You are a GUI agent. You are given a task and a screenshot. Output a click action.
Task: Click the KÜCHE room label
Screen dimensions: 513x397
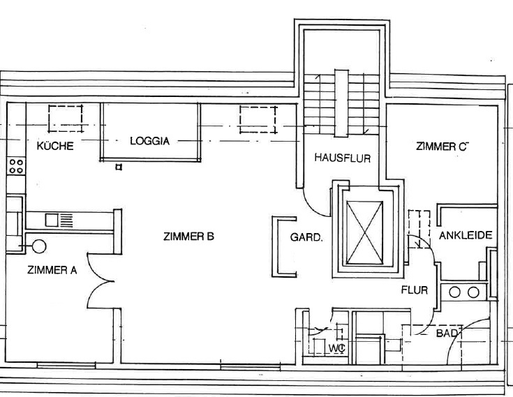[x=55, y=146]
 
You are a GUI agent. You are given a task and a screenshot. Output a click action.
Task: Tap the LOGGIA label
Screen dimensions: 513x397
[x=150, y=141]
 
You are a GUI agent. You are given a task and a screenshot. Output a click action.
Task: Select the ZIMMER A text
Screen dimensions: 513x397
[x=52, y=270]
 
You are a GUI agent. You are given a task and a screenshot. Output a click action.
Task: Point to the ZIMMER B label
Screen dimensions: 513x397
[x=188, y=236]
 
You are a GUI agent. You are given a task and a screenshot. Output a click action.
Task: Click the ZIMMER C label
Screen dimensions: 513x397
[x=443, y=147]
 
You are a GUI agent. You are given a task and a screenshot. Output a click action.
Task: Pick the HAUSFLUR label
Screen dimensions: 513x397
[x=343, y=158]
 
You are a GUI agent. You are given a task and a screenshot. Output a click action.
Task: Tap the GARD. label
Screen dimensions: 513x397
[x=306, y=237]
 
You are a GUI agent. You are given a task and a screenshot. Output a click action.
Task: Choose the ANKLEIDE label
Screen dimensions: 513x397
[x=466, y=235]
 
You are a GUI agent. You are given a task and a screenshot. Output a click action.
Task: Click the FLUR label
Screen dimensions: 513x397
[x=415, y=290]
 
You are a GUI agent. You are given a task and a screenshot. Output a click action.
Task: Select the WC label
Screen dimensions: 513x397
[x=336, y=349]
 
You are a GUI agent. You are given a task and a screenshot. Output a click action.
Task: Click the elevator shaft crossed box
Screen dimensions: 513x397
[x=364, y=232]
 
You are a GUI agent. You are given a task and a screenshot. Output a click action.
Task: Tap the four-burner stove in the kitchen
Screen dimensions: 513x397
[x=16, y=166]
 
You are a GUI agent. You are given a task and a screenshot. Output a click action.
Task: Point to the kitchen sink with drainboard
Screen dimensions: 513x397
[x=59, y=220]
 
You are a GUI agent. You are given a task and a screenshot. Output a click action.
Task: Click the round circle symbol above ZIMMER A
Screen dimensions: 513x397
[x=40, y=246]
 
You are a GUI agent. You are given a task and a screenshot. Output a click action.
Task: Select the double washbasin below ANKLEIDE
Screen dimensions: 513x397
[x=464, y=292]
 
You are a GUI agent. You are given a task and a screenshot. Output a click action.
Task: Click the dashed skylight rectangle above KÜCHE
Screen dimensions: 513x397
[x=66, y=119]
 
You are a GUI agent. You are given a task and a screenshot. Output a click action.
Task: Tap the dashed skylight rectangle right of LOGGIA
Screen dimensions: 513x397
[x=258, y=119]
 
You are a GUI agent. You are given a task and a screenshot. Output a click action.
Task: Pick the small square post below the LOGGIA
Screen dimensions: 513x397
[x=119, y=167]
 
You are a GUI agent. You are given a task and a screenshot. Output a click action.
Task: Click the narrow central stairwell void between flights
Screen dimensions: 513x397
[x=341, y=103]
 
